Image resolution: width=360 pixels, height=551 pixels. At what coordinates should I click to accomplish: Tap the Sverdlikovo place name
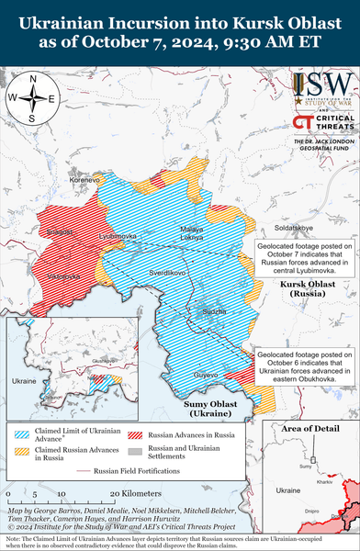click(167, 273)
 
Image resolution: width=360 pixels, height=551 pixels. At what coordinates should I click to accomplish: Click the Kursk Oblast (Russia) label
click(307, 291)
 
